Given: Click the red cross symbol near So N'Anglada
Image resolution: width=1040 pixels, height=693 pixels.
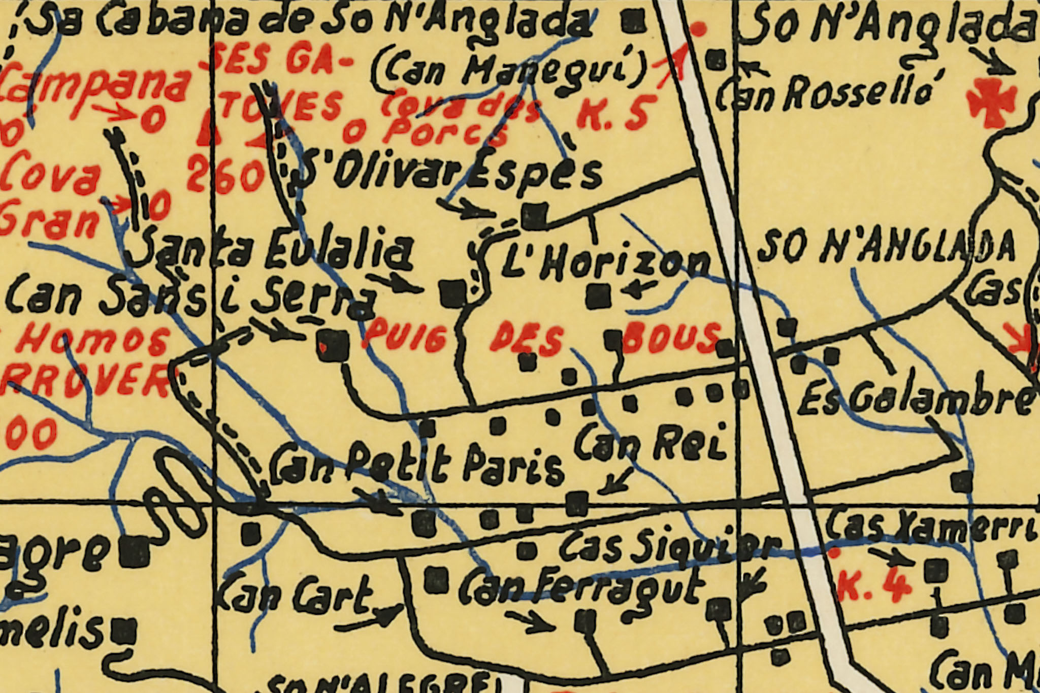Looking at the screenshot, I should [x=991, y=104].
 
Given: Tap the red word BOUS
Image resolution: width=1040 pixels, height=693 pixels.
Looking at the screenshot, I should [x=670, y=337].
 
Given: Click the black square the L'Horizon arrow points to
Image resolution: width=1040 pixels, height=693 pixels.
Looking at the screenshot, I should [x=598, y=296].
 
